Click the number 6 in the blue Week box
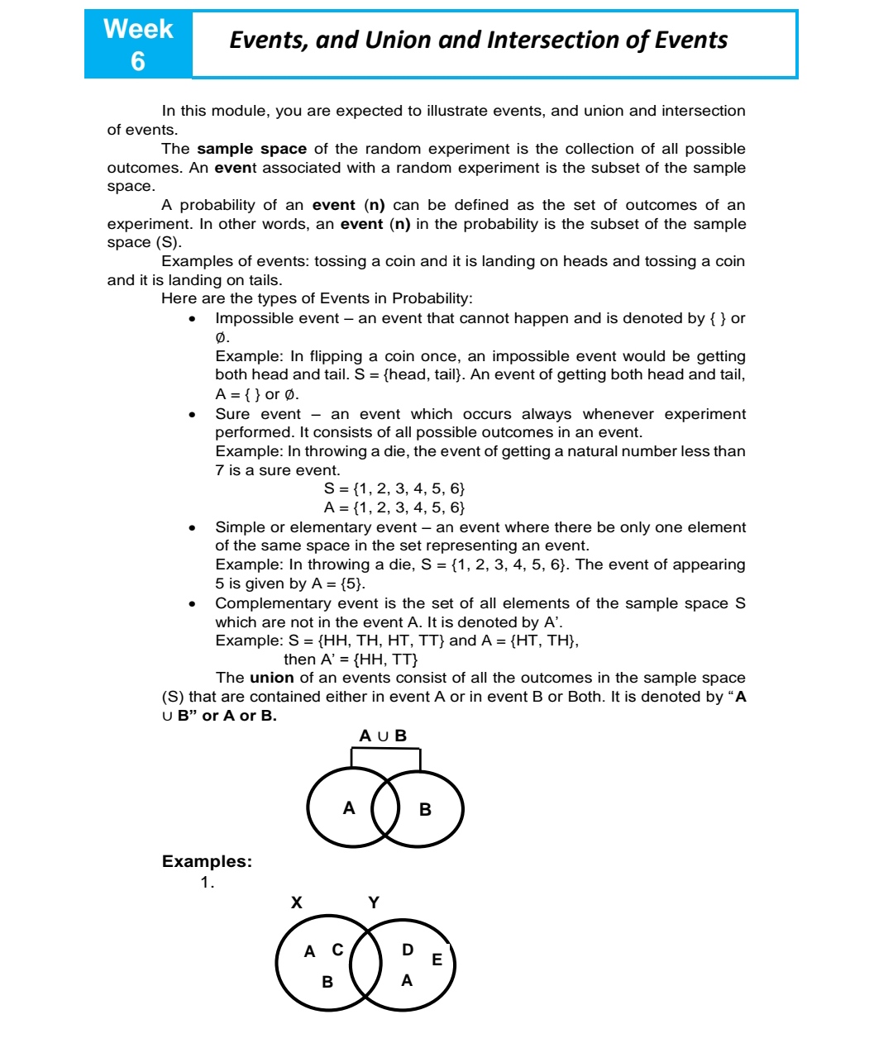[x=137, y=61]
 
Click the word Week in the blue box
[x=138, y=29]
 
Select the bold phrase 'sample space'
[x=251, y=149]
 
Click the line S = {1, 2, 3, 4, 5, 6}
[x=394, y=488]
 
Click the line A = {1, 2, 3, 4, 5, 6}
[x=394, y=507]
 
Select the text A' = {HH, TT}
[x=351, y=660]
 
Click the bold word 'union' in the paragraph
[x=271, y=678]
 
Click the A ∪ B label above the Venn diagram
[x=383, y=736]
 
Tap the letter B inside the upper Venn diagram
[x=425, y=810]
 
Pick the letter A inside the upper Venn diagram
[x=349, y=808]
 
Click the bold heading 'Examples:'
[x=207, y=861]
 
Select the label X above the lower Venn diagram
[x=296, y=903]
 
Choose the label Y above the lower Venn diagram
[x=374, y=903]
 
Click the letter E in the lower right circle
[x=437, y=960]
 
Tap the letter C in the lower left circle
[x=337, y=950]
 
